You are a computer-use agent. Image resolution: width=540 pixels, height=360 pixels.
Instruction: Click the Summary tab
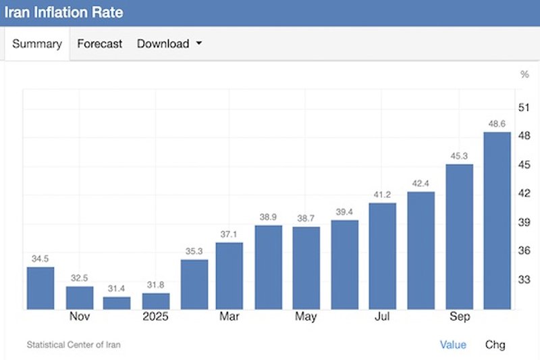37,44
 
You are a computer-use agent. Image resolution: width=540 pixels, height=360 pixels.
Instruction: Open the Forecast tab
99,44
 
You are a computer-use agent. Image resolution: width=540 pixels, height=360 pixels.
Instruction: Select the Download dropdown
169,44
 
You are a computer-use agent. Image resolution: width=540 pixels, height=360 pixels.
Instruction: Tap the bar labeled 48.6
497,220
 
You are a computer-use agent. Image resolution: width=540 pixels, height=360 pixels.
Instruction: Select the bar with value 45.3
459,236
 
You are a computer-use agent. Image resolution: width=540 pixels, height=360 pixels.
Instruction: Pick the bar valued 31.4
117,303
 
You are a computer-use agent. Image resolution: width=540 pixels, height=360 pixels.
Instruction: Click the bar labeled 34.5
40,288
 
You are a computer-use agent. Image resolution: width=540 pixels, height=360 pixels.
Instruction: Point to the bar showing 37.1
230,276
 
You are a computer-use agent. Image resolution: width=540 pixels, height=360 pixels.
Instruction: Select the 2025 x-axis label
155,317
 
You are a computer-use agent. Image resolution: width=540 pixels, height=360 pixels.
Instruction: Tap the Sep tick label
459,317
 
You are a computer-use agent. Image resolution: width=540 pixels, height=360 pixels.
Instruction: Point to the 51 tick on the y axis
523,107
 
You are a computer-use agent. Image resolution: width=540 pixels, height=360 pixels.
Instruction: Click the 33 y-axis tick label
523,279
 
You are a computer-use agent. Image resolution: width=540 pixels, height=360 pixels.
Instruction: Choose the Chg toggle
495,345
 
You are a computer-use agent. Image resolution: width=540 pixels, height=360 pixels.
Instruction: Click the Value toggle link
453,345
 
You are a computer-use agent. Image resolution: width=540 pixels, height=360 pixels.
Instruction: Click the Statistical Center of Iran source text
74,345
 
